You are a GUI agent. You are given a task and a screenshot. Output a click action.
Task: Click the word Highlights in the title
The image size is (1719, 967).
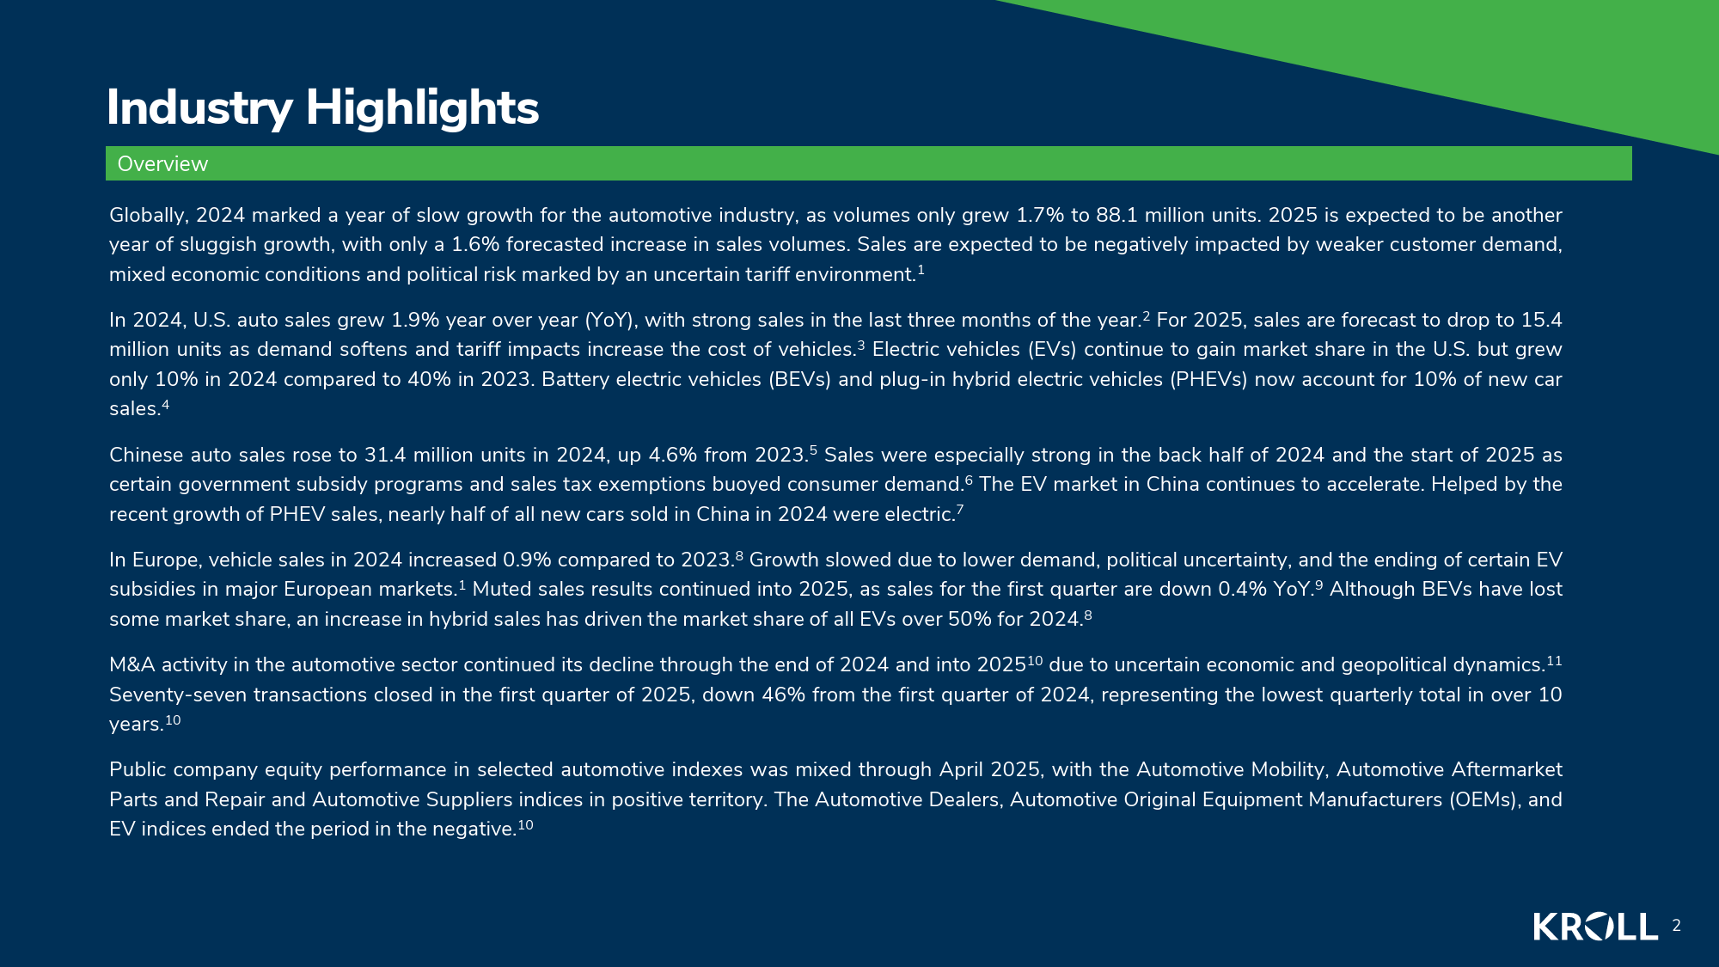(x=422, y=109)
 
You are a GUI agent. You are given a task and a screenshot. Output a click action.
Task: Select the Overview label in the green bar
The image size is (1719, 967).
(x=162, y=164)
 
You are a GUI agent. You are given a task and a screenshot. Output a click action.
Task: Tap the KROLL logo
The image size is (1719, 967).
(x=1596, y=927)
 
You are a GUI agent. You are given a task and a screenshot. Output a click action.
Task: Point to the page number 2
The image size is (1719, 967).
(x=1676, y=926)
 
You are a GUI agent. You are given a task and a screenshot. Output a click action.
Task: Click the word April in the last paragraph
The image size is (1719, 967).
(x=961, y=769)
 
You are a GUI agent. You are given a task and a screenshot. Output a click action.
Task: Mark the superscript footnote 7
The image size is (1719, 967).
(x=960, y=509)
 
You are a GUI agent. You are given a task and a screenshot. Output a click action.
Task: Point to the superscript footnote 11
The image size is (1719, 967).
(x=1554, y=660)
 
